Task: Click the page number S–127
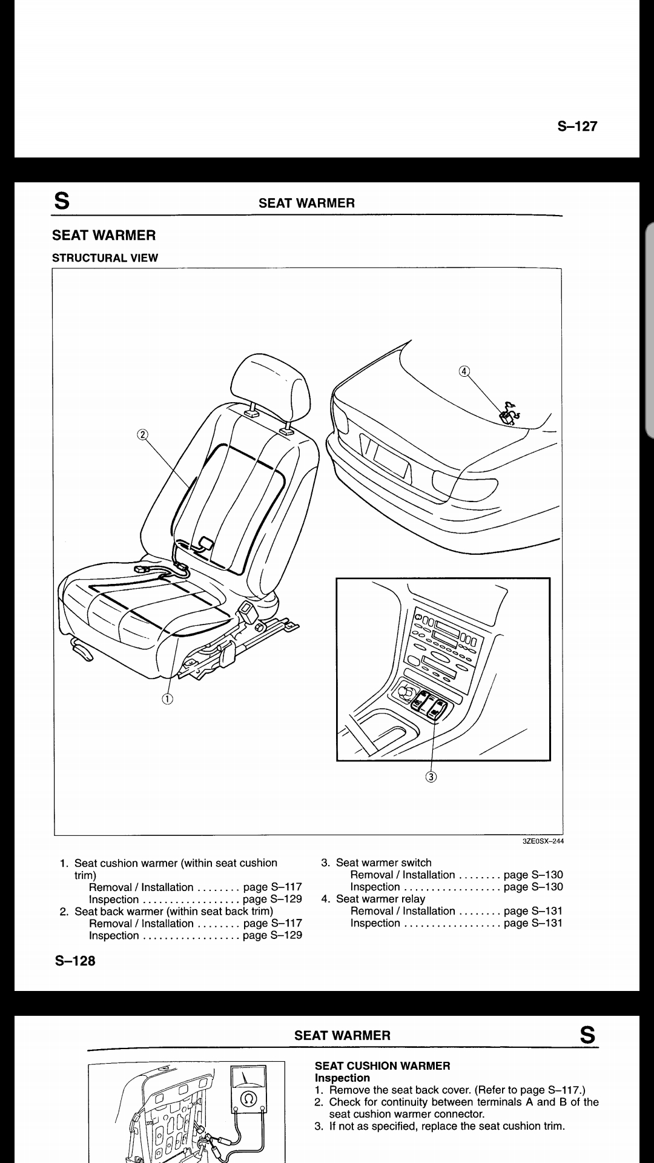(577, 126)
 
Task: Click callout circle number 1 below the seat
(167, 698)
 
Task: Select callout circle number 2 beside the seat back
(142, 434)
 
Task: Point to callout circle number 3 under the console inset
(431, 777)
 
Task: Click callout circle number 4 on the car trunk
(464, 371)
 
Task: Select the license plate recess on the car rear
(385, 456)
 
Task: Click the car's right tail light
(464, 484)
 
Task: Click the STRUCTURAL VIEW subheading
(105, 257)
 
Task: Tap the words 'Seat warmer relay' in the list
(380, 899)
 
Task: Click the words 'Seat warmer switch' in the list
(384, 863)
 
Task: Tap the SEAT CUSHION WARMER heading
(383, 1065)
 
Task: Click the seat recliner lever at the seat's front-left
(82, 650)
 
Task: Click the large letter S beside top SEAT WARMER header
(62, 201)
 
